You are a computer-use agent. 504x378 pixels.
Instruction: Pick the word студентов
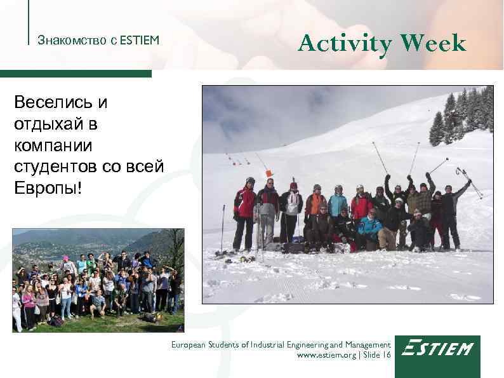[55, 167]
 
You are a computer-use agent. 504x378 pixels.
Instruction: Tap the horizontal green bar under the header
[76, 74]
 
